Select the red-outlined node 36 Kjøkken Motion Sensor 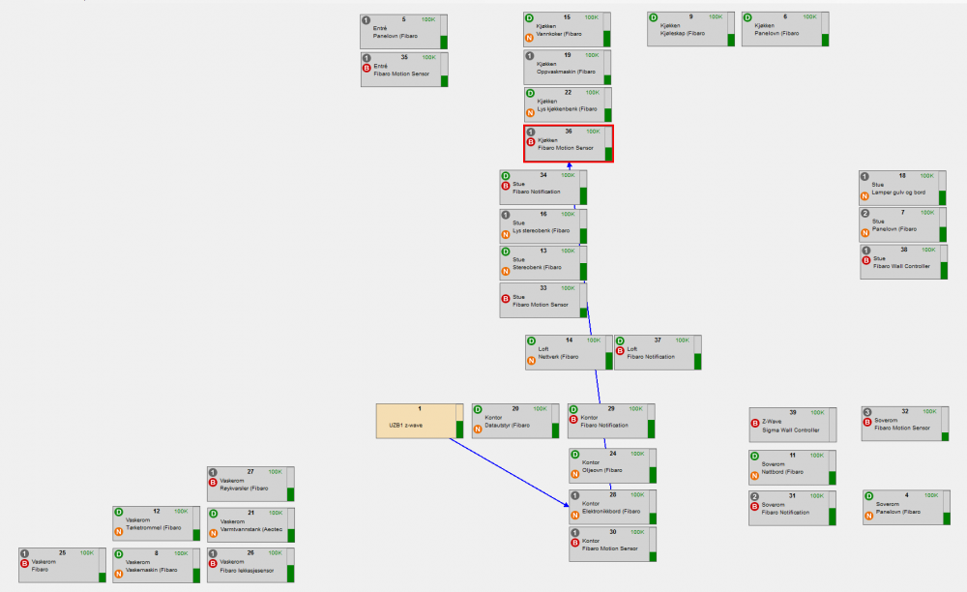tap(568, 143)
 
